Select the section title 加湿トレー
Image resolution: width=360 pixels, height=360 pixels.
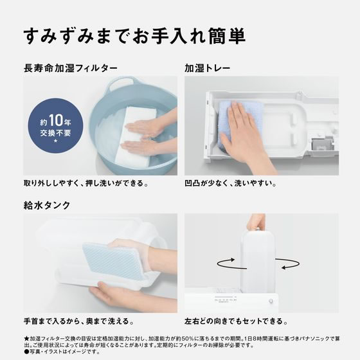pyautogui.click(x=207, y=67)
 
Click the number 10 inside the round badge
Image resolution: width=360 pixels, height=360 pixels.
pyautogui.click(x=54, y=120)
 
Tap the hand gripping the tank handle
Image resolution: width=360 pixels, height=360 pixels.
pyautogui.click(x=256, y=222)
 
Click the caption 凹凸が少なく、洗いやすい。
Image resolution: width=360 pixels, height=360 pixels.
pyautogui.click(x=230, y=183)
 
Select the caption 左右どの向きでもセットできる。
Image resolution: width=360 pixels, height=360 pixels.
pyautogui.click(x=239, y=321)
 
